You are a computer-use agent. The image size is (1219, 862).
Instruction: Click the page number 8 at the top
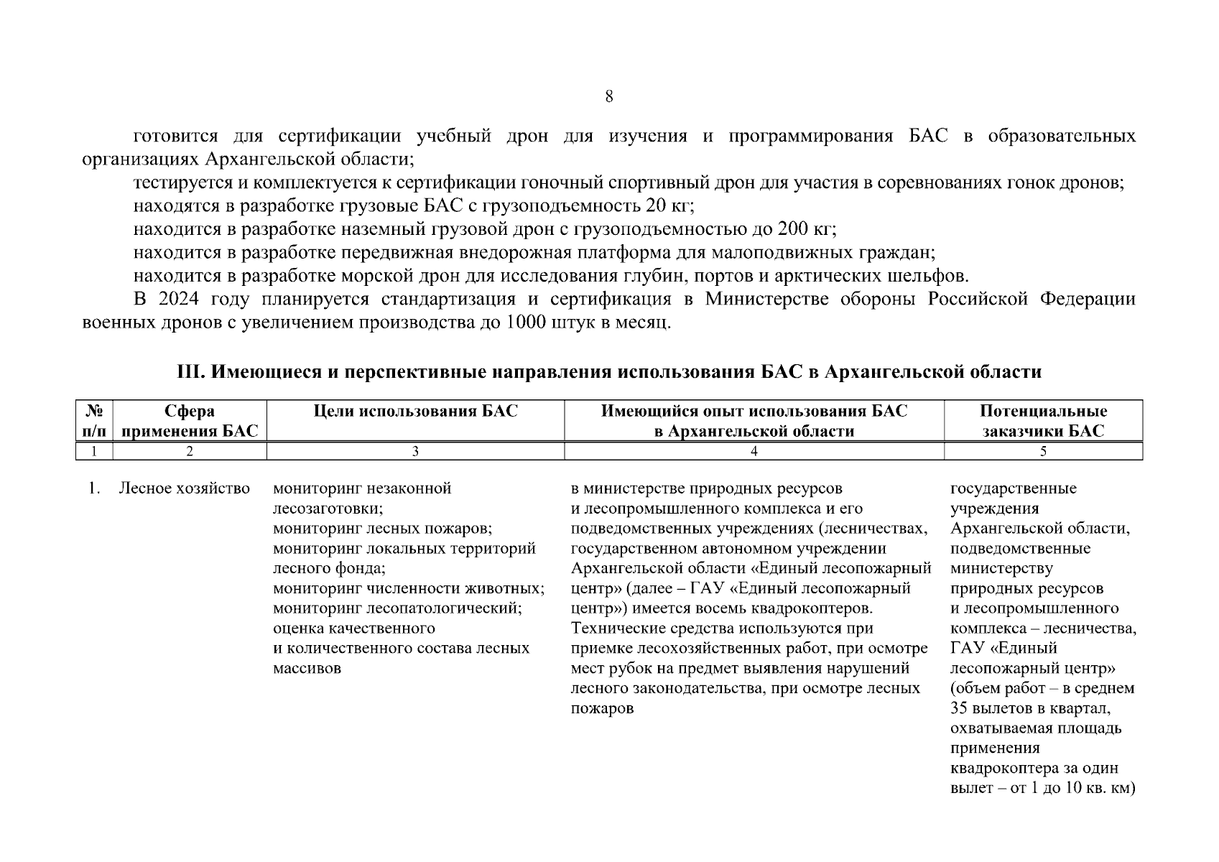coord(608,97)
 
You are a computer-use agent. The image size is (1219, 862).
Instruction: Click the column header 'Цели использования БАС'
coord(415,412)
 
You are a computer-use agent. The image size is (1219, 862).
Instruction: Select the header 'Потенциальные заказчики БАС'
coord(1043,421)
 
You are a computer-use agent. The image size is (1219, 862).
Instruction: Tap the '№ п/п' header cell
coord(94,421)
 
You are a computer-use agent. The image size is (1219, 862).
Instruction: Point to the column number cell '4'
coord(754,452)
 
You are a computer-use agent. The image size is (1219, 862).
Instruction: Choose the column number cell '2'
coord(189,452)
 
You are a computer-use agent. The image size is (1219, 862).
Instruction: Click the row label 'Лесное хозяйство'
coord(184,489)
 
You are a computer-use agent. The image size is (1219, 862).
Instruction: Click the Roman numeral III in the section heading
coord(189,372)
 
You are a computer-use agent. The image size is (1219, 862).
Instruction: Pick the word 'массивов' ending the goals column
coord(307,668)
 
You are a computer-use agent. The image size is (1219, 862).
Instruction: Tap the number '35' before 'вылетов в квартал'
coord(959,708)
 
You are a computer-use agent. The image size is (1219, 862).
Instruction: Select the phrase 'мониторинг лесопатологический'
coord(397,608)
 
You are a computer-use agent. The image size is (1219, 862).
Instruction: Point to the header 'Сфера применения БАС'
coord(189,421)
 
